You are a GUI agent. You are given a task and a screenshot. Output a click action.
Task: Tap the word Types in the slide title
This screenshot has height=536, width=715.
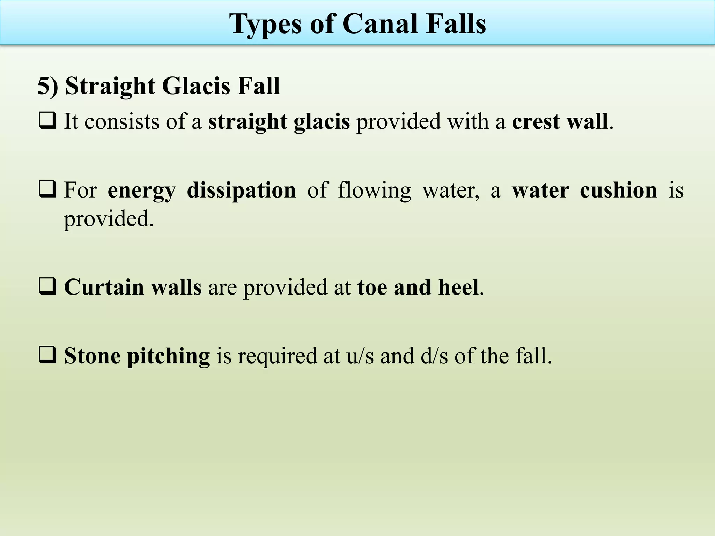point(266,24)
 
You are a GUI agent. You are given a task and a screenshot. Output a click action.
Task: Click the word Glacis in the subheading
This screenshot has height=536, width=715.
point(196,86)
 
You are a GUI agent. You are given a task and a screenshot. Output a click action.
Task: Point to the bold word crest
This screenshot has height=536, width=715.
point(536,122)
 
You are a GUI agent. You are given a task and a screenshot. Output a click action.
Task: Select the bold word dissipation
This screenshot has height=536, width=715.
point(241,191)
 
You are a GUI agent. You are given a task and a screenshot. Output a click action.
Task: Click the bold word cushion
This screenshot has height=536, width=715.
point(618,191)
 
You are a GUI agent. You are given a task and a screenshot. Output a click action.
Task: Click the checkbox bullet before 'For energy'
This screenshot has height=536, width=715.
point(47,189)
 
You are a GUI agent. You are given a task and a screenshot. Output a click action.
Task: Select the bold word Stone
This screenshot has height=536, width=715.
point(92,356)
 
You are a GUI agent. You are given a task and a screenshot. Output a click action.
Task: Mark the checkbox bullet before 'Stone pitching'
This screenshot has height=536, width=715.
point(47,355)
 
